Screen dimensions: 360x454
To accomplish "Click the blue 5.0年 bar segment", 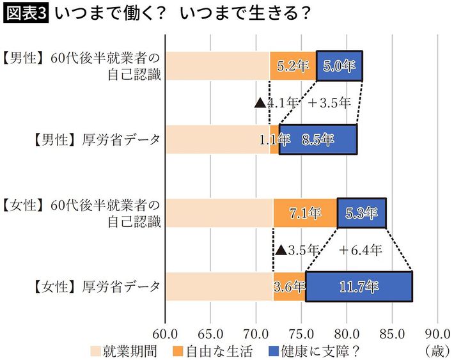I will coord(340,66).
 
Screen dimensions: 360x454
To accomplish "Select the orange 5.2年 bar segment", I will coord(293,66).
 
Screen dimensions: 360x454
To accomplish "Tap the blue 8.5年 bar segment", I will coord(318,140).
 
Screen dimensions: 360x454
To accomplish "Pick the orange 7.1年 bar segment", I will coord(305,213).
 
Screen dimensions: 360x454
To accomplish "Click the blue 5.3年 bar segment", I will coord(362,213).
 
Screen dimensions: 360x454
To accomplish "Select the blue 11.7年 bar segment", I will coord(359,286).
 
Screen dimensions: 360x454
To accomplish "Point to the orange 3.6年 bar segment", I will coord(289,286).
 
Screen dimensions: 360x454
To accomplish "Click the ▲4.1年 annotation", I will coord(276,102).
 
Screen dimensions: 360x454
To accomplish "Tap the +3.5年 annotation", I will coord(329,102).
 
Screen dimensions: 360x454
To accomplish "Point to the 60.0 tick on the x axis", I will coord(166,334).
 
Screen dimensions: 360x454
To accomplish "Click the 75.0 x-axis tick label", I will coord(301,334).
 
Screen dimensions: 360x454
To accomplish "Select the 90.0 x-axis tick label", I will coord(437,334).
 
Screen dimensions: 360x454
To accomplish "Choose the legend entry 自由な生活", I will coord(215,350).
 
